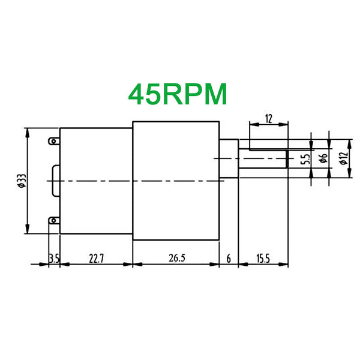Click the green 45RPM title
(178, 94)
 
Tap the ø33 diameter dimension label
(22, 181)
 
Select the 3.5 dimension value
(54, 259)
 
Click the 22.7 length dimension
(96, 259)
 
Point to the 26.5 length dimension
(177, 258)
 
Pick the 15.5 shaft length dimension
(263, 259)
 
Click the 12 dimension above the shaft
(269, 119)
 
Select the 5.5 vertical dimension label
(305, 159)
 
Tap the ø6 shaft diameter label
(323, 158)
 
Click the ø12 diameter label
(344, 158)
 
